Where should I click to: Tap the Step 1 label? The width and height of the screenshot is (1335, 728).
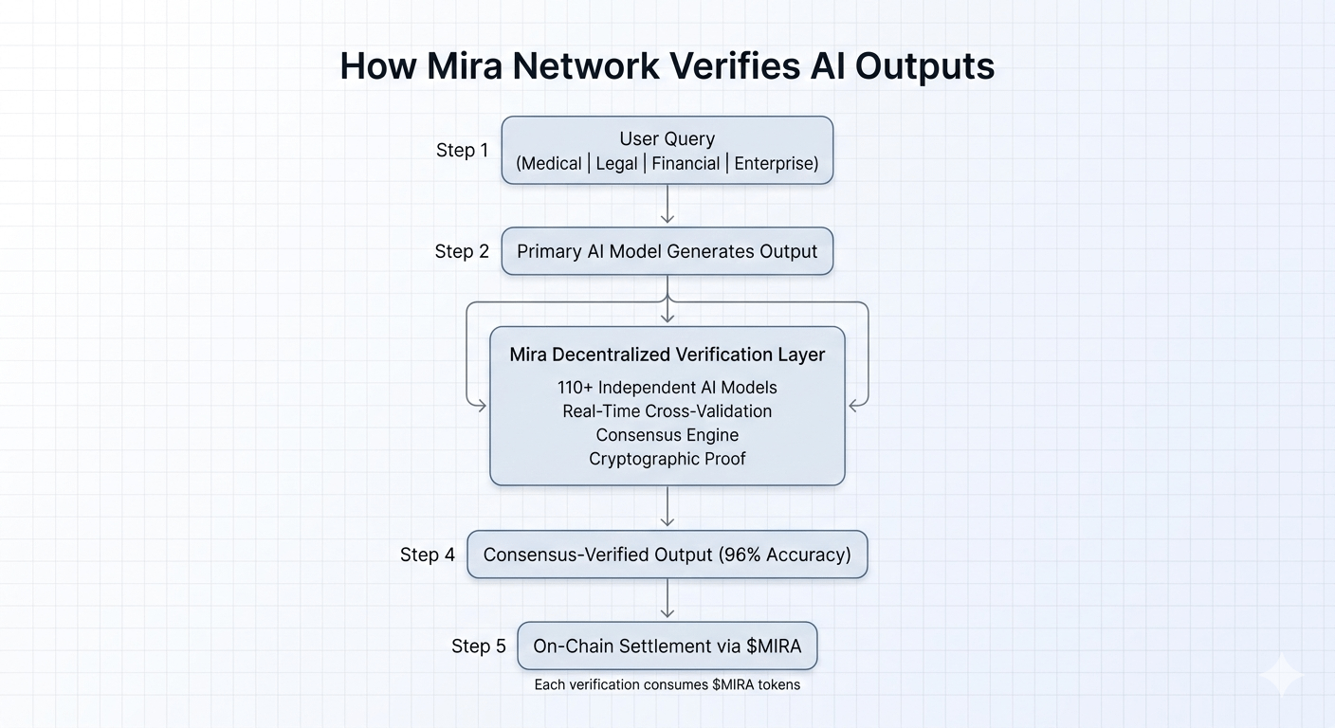click(x=462, y=150)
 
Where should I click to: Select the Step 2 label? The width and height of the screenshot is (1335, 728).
click(x=462, y=251)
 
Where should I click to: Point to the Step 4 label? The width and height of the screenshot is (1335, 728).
click(x=428, y=555)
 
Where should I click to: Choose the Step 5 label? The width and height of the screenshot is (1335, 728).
click(x=479, y=646)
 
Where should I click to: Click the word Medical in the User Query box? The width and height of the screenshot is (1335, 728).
click(x=549, y=163)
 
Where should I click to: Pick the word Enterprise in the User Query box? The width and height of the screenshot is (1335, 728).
click(x=776, y=163)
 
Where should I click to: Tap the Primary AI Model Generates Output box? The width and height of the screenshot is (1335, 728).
click(x=667, y=251)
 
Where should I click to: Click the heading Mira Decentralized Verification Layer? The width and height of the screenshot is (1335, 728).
click(x=667, y=355)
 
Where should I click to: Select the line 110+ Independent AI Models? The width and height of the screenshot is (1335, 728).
click(x=667, y=388)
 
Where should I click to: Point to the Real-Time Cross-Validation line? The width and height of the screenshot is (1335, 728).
click(x=667, y=411)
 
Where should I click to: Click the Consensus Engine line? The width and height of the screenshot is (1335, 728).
click(x=667, y=435)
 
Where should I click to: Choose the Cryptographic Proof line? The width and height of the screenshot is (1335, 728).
click(x=667, y=459)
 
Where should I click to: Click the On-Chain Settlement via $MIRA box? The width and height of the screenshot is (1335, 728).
click(x=667, y=646)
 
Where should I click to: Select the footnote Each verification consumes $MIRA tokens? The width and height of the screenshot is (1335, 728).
click(x=667, y=684)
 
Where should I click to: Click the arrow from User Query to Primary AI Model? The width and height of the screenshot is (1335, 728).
click(x=667, y=204)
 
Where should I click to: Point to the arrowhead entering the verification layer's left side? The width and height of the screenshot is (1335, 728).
click(x=481, y=406)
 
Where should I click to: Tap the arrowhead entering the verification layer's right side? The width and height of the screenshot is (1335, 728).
click(x=854, y=406)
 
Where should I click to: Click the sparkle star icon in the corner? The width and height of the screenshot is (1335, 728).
click(x=1281, y=675)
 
